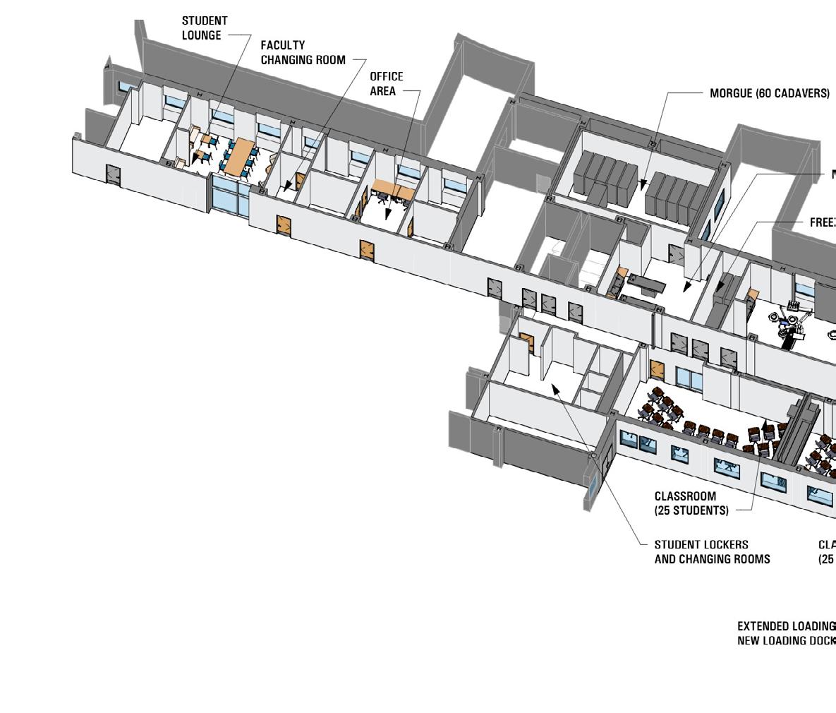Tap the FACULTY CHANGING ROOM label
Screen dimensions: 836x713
click(303, 53)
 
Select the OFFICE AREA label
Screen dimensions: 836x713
click(387, 83)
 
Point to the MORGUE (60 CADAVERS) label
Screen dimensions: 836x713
click(770, 93)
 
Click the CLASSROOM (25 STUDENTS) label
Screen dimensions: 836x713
click(691, 503)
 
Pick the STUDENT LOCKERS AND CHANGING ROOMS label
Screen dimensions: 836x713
click(712, 552)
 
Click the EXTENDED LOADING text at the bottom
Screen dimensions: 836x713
click(786, 626)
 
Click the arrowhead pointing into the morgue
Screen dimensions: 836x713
click(643, 185)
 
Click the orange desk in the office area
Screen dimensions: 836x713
click(394, 189)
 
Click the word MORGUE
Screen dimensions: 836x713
click(731, 93)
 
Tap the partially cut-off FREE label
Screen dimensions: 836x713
click(823, 222)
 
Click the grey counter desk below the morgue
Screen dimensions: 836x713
click(646, 284)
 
